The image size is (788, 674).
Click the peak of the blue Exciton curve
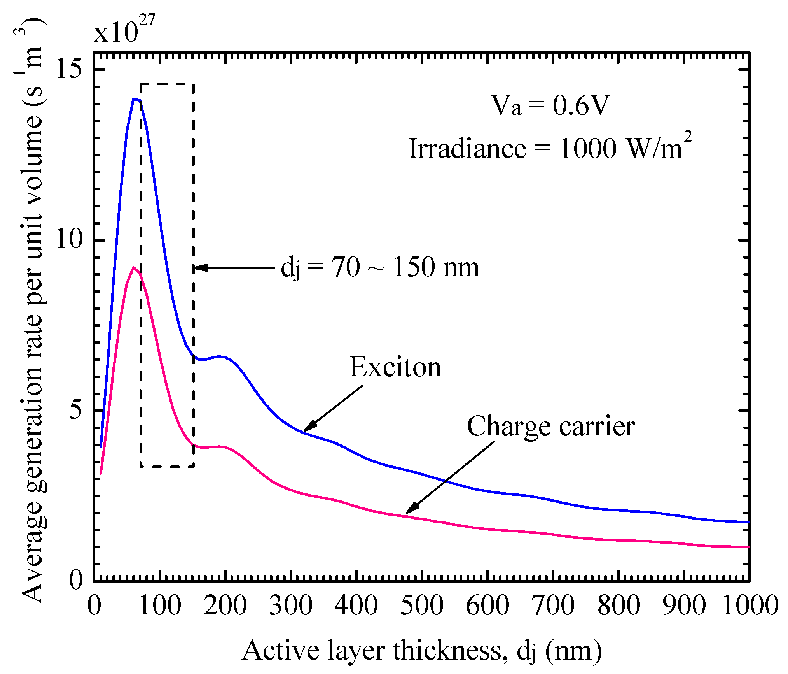click(134, 99)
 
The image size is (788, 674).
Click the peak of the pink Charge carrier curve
click(134, 267)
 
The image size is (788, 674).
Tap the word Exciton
click(395, 367)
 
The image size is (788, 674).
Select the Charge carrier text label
click(550, 426)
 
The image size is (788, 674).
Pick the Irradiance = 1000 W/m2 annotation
click(550, 148)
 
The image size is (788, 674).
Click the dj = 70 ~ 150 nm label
click(380, 268)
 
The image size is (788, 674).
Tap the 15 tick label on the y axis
click(69, 69)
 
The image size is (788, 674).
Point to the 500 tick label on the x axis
click(422, 606)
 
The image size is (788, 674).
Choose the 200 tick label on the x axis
click(225, 606)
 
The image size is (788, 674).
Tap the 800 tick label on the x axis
click(619, 606)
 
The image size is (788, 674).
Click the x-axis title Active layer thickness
click(422, 651)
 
